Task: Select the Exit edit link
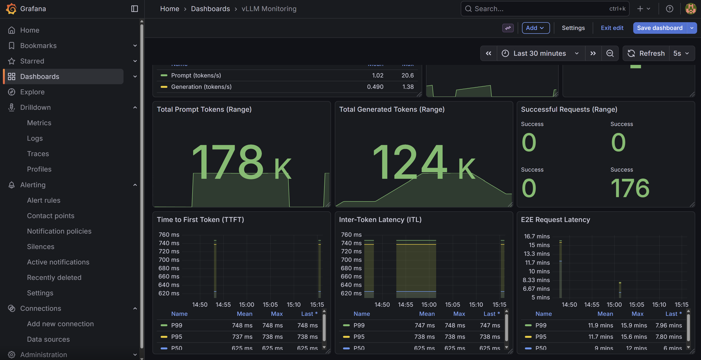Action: [612, 28]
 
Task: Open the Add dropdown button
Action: [535, 28]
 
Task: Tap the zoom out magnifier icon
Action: [610, 53]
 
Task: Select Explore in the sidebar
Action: [32, 92]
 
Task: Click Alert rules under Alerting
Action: [43, 200]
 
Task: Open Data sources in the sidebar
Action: [48, 339]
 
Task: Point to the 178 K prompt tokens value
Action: [241, 163]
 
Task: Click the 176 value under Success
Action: [630, 188]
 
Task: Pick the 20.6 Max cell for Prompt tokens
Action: [407, 75]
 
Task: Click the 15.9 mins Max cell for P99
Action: [633, 325]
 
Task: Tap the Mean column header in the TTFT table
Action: [244, 314]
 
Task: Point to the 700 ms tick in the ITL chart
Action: [351, 260]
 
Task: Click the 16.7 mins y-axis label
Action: [537, 236]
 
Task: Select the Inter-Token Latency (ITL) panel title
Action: [380, 220]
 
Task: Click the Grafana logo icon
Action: [11, 9]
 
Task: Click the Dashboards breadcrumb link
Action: [210, 9]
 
